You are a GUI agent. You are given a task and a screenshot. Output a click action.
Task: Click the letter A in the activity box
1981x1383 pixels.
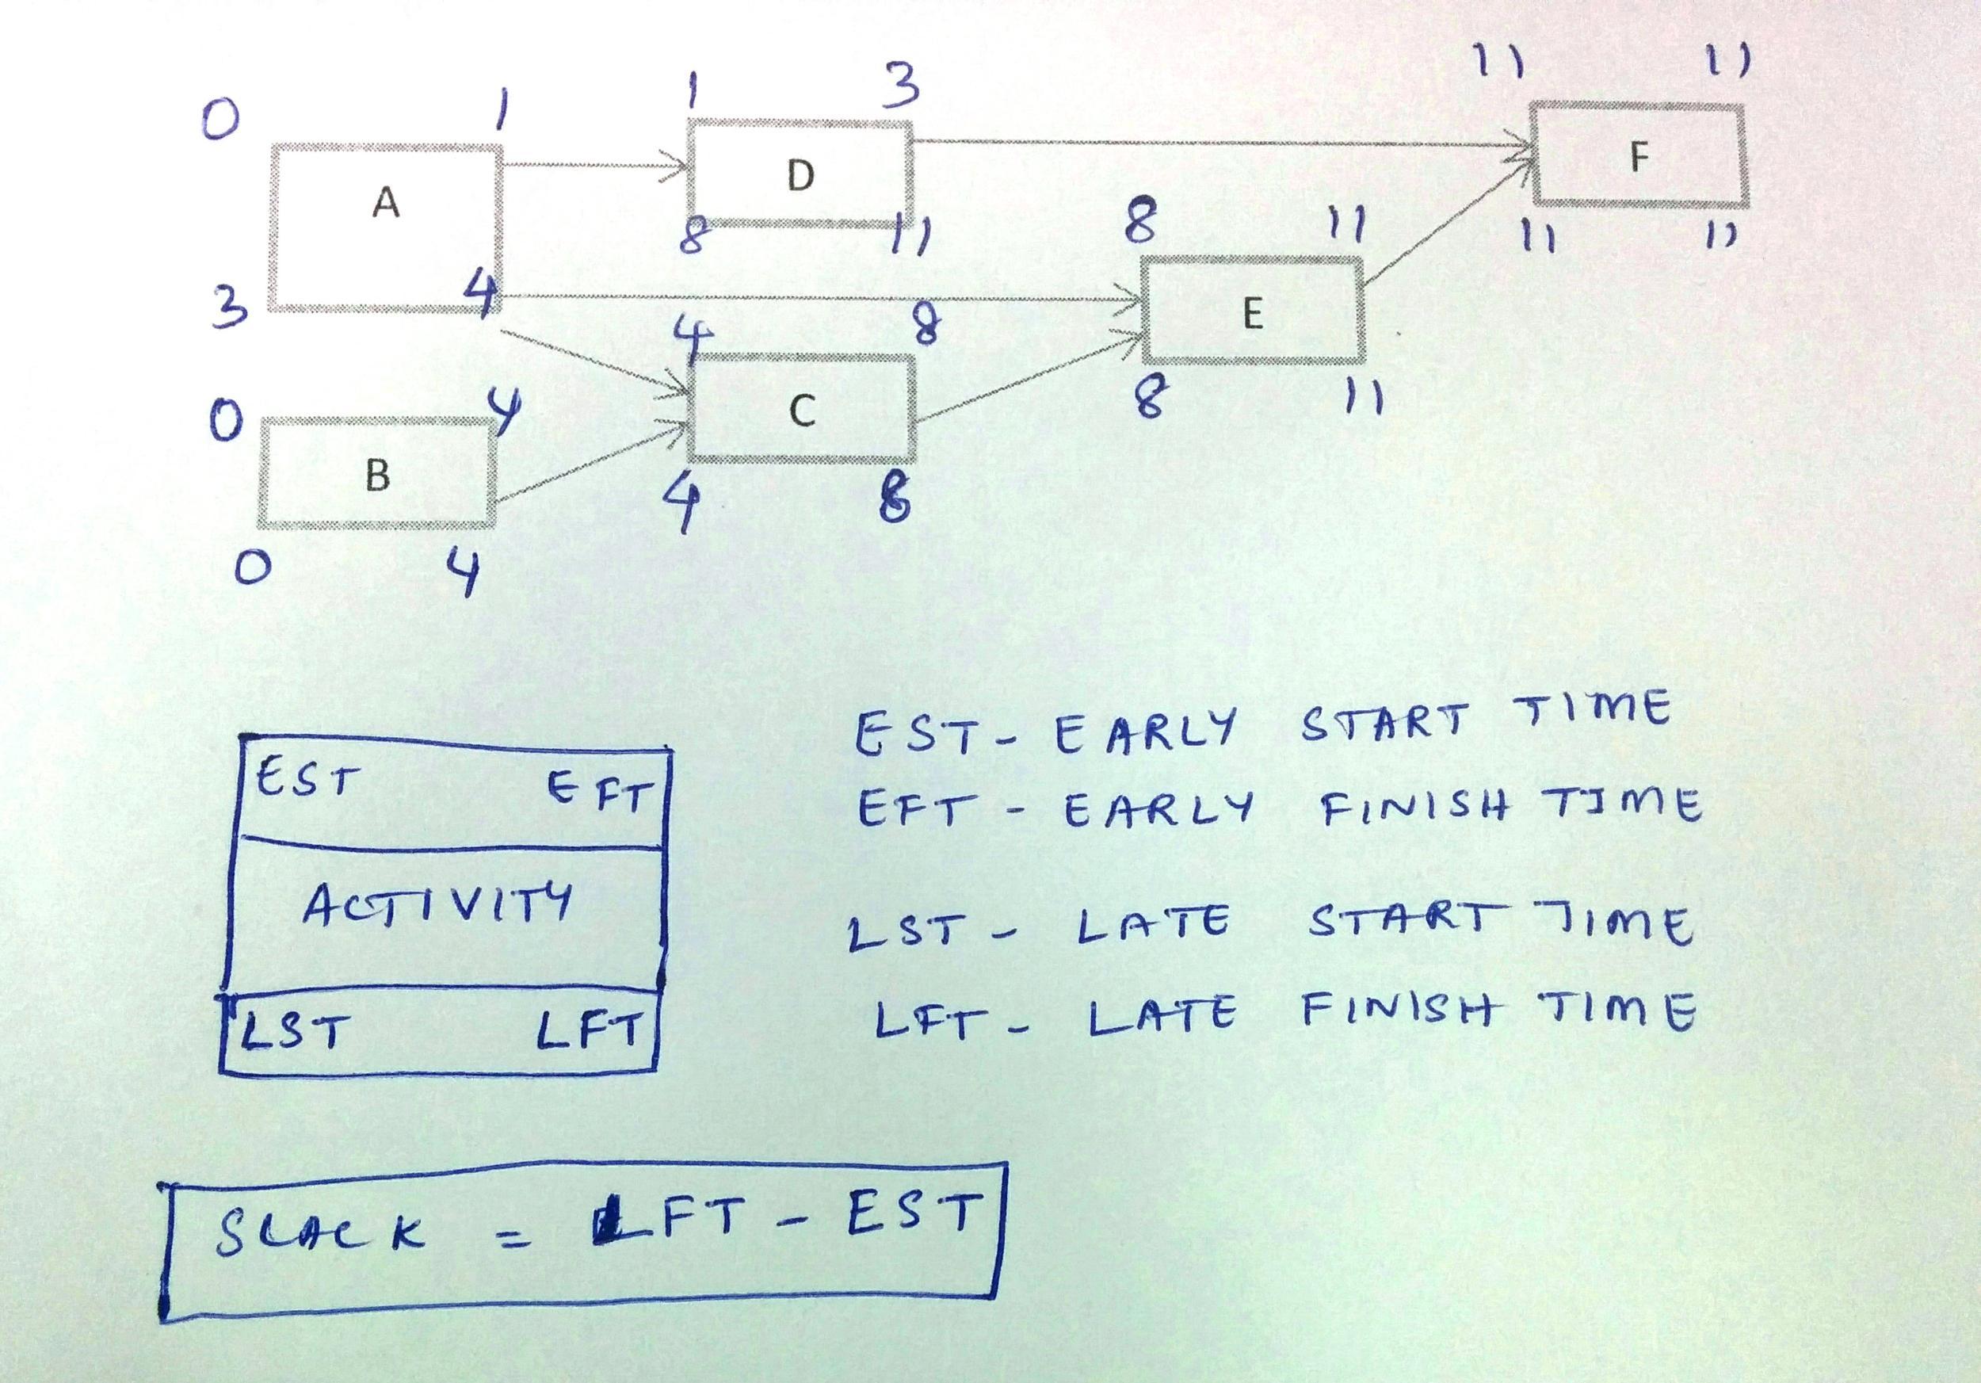[x=386, y=204]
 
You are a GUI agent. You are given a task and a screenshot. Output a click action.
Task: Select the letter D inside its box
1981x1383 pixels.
[x=800, y=176]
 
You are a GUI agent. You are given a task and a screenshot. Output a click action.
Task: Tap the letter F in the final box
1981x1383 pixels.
[x=1639, y=156]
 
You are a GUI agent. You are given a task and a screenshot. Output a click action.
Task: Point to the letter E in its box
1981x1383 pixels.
[x=1253, y=314]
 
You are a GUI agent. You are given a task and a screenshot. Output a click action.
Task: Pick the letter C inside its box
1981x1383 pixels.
[x=802, y=411]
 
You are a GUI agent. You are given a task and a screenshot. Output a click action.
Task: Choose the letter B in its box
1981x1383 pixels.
[x=377, y=475]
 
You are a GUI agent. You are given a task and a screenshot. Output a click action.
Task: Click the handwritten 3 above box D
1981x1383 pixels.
[x=901, y=87]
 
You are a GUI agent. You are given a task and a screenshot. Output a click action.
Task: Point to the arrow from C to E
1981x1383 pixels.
[x=1027, y=380]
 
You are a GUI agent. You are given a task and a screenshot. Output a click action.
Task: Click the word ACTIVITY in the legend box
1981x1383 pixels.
[x=437, y=905]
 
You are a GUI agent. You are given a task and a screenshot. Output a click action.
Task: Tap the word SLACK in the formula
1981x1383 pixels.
[x=319, y=1231]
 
